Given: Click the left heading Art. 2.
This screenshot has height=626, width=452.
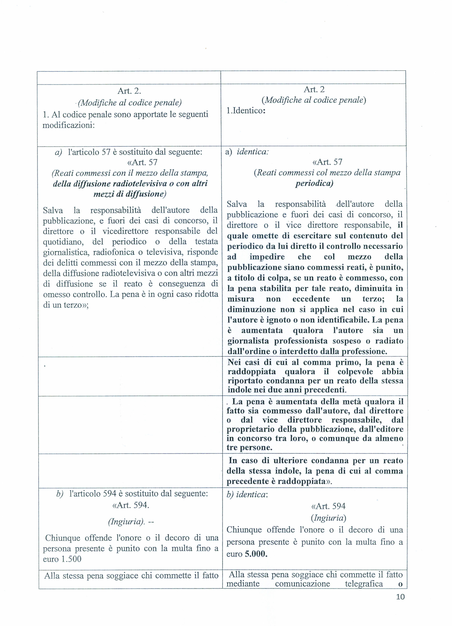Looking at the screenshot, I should [x=129, y=91].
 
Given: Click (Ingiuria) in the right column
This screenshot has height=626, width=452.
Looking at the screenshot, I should [x=328, y=518].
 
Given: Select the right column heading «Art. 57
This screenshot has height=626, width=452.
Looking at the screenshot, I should [x=327, y=162].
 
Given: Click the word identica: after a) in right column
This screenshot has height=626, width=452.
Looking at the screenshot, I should [x=253, y=152].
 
